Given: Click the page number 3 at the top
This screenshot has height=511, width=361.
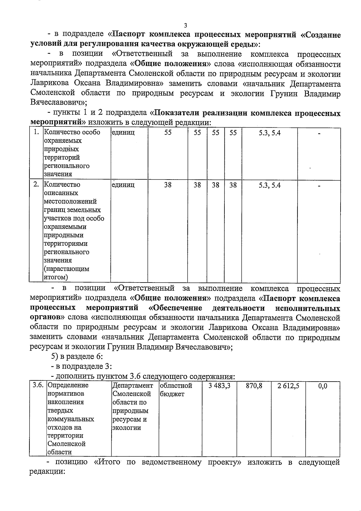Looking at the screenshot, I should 185,26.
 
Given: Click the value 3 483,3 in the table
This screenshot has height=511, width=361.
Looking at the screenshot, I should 219,386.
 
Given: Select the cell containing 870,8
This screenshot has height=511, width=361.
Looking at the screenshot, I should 254,386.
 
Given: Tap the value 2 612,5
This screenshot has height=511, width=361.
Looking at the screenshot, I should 288,386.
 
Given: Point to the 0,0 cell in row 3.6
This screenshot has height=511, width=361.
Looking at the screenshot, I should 322,386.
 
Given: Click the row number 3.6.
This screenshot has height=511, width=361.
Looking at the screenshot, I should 38,385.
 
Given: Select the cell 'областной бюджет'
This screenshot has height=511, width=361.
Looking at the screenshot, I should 176,389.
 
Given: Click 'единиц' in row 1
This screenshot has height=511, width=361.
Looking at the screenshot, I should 123,132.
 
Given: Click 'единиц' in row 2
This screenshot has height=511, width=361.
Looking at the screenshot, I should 123,185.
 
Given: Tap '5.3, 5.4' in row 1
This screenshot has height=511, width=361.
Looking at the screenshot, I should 270,133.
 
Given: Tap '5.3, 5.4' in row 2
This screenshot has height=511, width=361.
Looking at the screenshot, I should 270,185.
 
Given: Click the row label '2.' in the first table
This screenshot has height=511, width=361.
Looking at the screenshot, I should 36,185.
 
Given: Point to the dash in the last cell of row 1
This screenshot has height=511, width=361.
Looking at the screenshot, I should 319,133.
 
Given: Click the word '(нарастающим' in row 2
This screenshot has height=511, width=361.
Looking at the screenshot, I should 66,269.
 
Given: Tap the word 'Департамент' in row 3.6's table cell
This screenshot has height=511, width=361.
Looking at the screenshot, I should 133,385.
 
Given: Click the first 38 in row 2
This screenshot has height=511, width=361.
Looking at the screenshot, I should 168,185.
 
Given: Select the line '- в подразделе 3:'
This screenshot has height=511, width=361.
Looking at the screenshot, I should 81,366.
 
